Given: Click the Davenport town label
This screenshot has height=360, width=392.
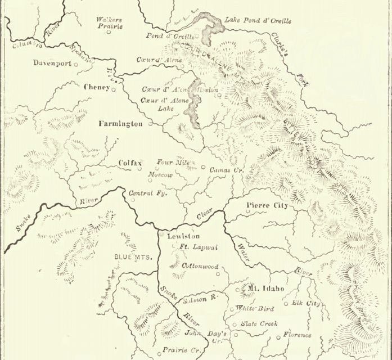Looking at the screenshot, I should (x=52, y=63).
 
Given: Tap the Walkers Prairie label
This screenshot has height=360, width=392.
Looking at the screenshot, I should (x=109, y=22).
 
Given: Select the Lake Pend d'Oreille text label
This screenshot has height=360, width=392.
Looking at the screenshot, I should (x=258, y=21).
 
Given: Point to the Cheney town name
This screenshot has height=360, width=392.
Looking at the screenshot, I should (x=96, y=87).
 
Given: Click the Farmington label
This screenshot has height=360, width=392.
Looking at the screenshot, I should (x=120, y=123).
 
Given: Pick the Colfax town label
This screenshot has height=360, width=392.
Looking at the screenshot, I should (x=130, y=163).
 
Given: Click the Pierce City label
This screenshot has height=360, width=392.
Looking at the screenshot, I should (x=267, y=206).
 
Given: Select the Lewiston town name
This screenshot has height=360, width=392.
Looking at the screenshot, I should (x=183, y=237).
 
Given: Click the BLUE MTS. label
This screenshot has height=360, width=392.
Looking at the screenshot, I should (x=130, y=257).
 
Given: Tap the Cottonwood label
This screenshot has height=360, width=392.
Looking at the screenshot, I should (x=200, y=265).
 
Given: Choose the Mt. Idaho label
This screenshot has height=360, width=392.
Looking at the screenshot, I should (x=266, y=289).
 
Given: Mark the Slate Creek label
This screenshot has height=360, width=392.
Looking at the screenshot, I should (x=259, y=324).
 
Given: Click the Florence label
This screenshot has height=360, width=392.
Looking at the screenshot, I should (x=297, y=335).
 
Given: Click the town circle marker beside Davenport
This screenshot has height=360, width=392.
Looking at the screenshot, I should (x=76, y=64).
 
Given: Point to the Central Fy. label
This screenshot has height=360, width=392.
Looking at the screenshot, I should (x=146, y=193).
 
